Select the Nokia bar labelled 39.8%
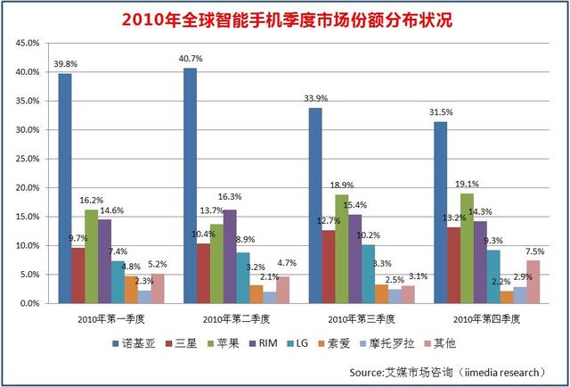coord(65,188)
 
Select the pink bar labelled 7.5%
coord(533,282)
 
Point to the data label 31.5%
coord(439,113)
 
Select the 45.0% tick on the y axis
coord(28,43)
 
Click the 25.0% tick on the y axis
coord(28,159)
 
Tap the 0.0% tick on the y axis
coord(29,304)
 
